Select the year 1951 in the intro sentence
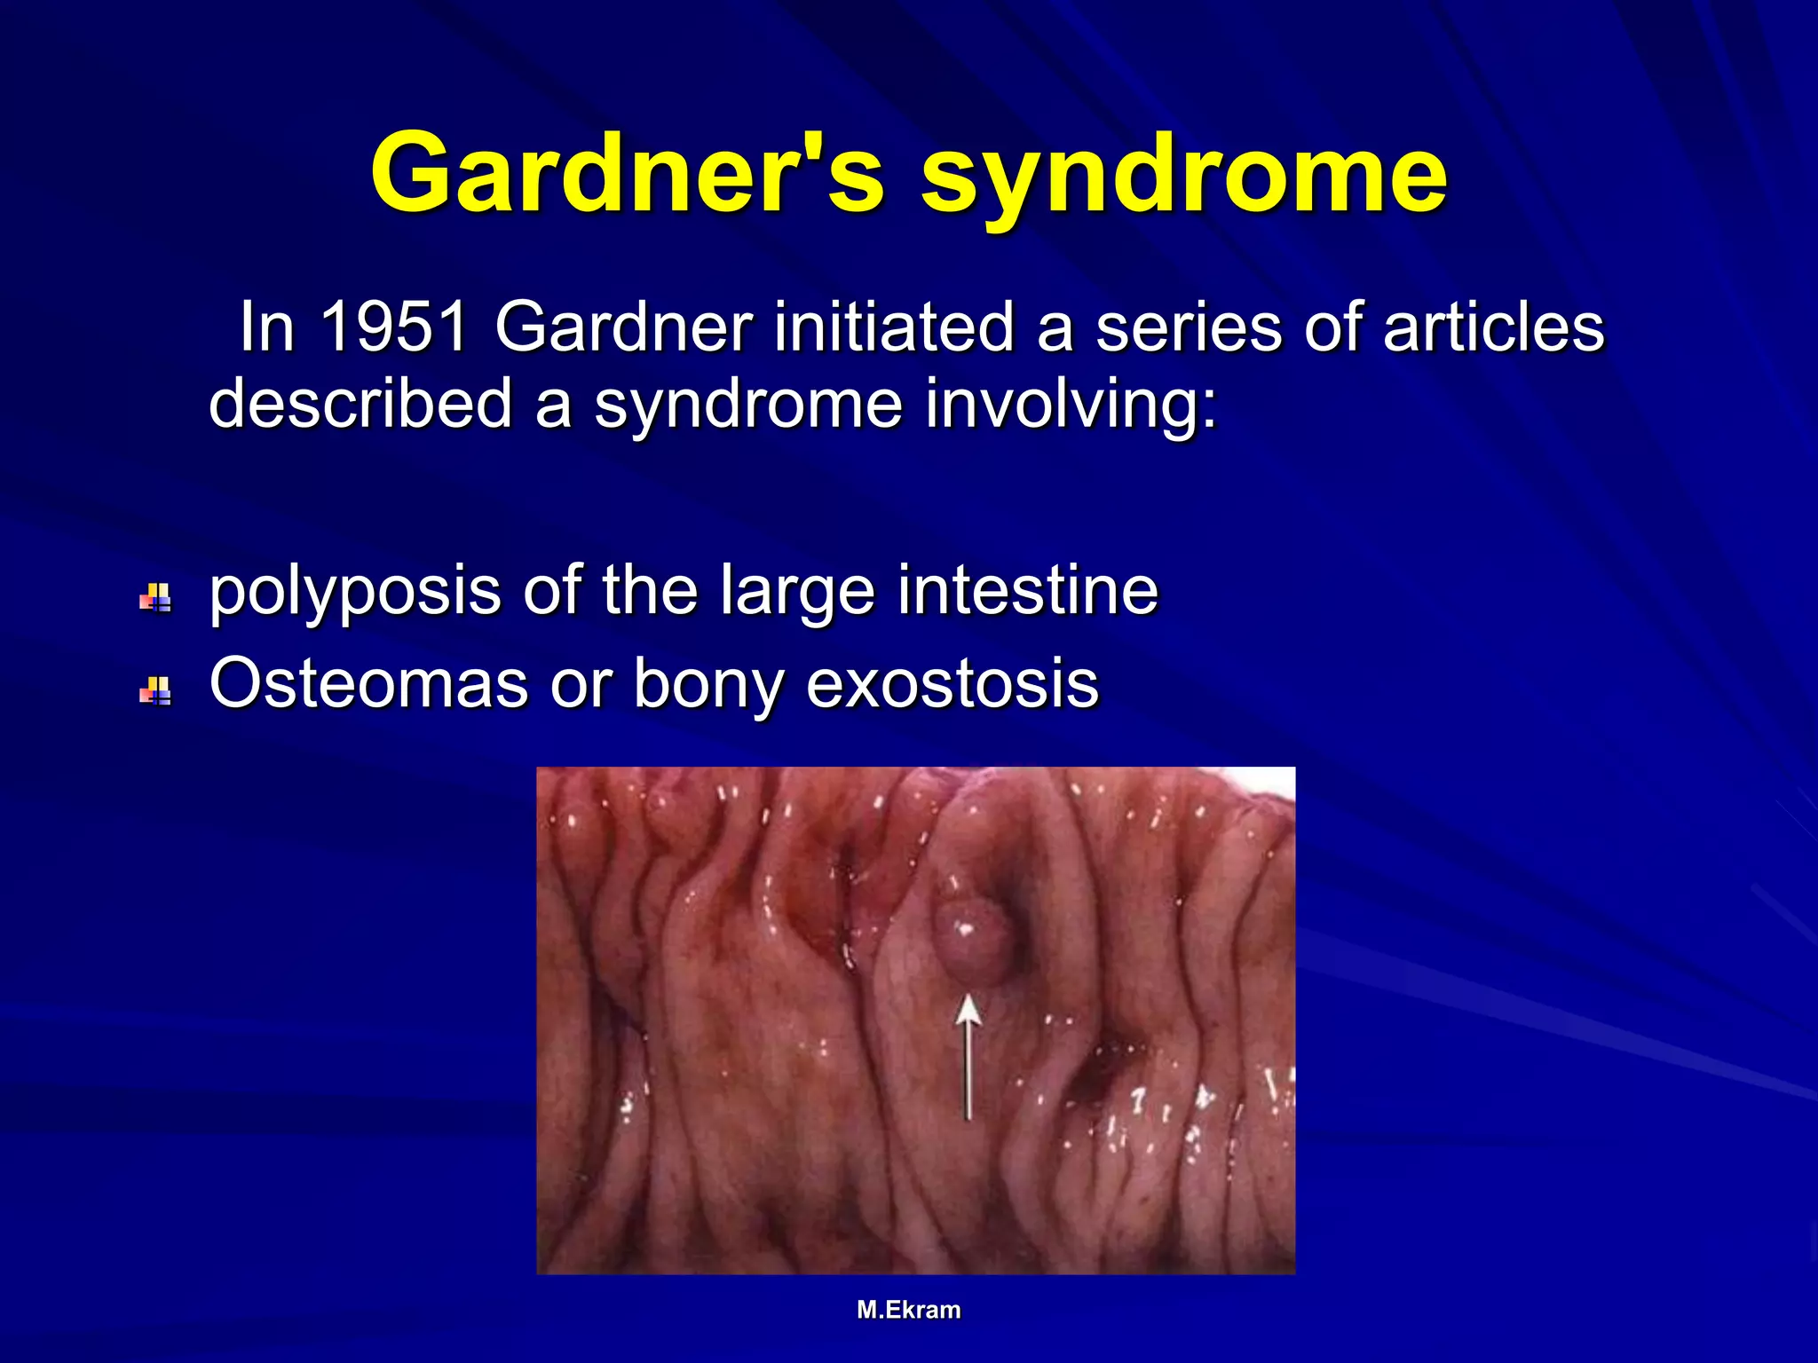click(393, 327)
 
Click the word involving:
click(1071, 404)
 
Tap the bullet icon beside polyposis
click(155, 598)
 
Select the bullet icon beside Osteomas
click(155, 690)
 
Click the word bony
click(707, 685)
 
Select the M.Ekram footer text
click(908, 1310)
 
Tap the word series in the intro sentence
click(1189, 327)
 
